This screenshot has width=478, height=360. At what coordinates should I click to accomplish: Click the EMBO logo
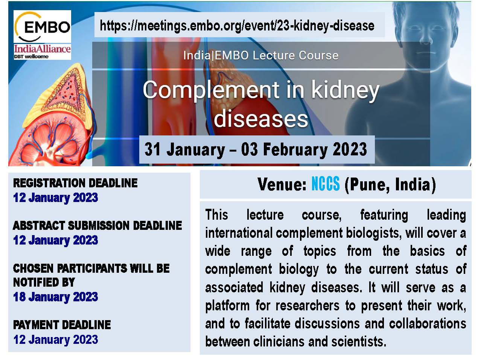coord(42,26)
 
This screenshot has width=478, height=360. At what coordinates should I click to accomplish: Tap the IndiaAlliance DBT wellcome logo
coord(42,52)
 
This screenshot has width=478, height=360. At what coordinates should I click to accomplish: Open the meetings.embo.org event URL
coord(237,25)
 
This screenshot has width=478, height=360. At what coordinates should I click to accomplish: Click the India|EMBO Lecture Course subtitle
coord(261,55)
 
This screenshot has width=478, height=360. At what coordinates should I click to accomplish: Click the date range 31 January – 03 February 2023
coord(256,149)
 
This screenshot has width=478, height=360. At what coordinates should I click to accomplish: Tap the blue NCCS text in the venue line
coord(325,184)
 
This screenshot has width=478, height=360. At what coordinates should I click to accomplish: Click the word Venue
coord(282,184)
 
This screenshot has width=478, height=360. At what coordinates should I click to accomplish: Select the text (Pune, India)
coord(390,185)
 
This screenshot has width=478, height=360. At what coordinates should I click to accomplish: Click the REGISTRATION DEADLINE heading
coord(75,183)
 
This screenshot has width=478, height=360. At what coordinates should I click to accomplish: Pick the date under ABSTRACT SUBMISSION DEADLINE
coord(56,240)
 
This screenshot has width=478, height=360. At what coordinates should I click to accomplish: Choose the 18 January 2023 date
coord(56,297)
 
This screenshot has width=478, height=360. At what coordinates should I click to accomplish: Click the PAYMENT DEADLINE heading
coord(62,325)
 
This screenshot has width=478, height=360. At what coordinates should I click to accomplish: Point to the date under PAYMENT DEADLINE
coord(56,340)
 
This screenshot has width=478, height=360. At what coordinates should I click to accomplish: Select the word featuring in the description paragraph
coord(384,215)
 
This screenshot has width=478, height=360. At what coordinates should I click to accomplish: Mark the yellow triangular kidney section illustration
coord(63,96)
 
